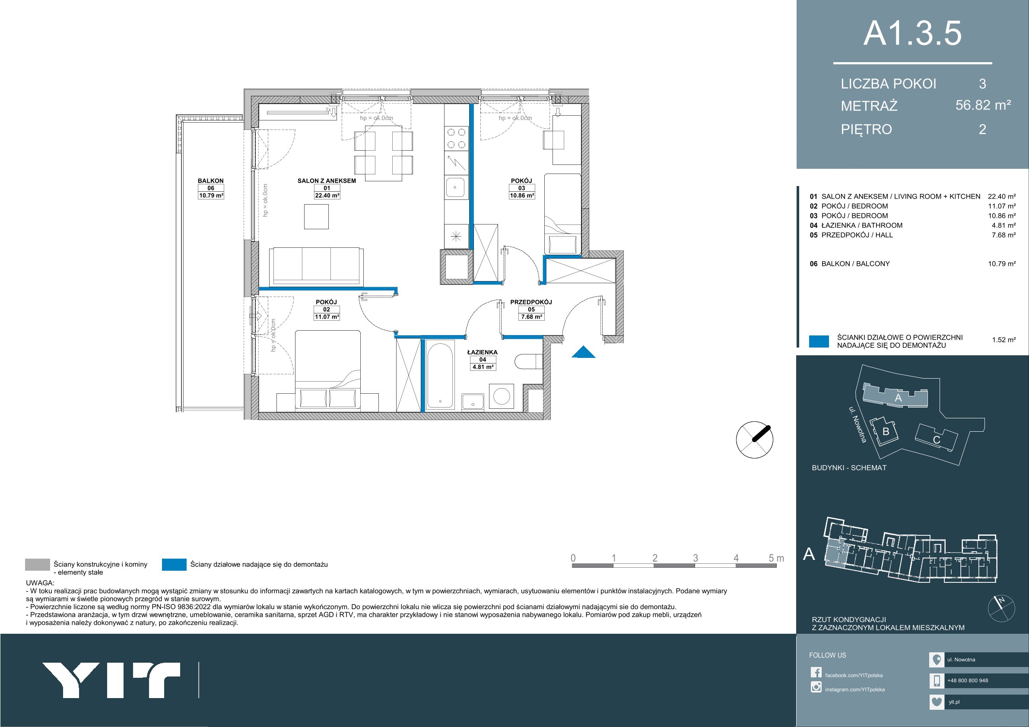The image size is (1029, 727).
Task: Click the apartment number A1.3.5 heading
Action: tap(912, 33)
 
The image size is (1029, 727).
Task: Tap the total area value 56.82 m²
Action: tap(983, 105)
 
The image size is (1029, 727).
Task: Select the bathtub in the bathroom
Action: tap(440, 376)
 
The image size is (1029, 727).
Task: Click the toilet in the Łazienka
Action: tap(529, 362)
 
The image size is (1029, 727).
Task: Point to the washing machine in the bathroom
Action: tap(502, 396)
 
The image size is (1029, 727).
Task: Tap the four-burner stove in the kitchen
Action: tap(456, 139)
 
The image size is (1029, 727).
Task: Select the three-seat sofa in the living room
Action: tap(316, 266)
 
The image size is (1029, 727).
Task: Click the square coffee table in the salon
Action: tap(316, 216)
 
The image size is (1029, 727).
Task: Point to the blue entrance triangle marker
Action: tap(584, 353)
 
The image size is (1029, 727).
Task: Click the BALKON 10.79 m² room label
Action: tap(211, 188)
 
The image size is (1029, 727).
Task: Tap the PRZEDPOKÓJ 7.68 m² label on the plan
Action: tap(531, 310)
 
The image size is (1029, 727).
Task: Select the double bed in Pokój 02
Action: tap(327, 370)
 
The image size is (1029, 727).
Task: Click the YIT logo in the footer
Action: tap(111, 680)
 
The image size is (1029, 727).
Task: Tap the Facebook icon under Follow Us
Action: tap(816, 672)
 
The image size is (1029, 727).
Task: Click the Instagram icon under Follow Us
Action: tap(816, 687)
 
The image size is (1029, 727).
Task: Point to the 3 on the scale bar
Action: tap(696, 558)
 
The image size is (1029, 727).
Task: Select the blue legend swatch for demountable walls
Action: tap(175, 564)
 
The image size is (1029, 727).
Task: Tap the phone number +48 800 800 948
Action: tap(968, 680)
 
